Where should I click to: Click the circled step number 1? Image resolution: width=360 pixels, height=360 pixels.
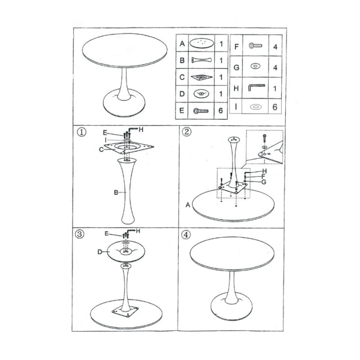tap(81, 133)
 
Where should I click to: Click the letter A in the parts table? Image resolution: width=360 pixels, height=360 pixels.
tap(182, 44)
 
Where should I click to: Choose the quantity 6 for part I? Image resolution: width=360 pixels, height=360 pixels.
tap(275, 108)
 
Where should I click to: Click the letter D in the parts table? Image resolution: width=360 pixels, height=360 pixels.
tap(182, 94)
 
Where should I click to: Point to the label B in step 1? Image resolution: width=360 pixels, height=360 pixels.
tap(116, 193)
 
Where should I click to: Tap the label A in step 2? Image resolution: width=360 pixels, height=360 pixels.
tap(188, 205)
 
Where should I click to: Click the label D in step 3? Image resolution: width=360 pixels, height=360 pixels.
tap(99, 252)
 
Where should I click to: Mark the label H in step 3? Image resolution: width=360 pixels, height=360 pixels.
tap(138, 231)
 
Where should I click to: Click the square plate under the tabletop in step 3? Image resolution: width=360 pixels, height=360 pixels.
tap(126, 312)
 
